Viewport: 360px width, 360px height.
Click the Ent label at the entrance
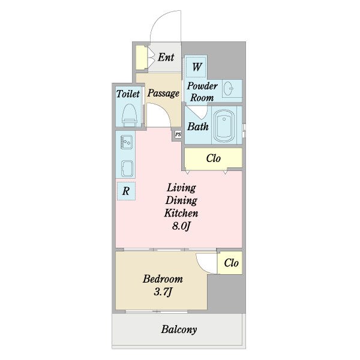(x=166, y=57)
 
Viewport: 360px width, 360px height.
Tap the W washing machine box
(x=196, y=67)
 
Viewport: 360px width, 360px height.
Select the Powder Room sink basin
(x=229, y=88)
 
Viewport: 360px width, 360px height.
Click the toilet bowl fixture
(x=129, y=115)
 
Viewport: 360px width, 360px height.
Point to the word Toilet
(x=128, y=94)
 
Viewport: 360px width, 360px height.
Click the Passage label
(x=163, y=93)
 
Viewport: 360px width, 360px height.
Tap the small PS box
(x=178, y=134)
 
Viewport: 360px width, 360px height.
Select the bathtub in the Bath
(x=224, y=126)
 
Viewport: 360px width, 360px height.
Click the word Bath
(x=197, y=127)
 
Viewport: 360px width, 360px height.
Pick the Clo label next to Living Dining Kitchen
(x=213, y=158)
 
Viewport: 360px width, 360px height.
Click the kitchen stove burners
(x=127, y=142)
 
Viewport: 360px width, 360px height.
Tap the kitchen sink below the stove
(x=127, y=169)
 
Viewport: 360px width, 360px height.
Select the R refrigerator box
(x=126, y=191)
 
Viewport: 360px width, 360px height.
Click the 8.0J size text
(x=181, y=226)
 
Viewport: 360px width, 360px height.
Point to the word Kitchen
(x=181, y=213)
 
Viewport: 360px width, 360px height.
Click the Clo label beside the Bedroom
(x=231, y=263)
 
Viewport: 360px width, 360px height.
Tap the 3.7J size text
(x=163, y=292)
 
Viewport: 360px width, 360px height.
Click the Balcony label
(x=179, y=329)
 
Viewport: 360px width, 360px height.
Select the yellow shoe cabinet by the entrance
(x=141, y=58)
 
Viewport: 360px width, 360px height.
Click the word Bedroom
(x=163, y=279)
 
